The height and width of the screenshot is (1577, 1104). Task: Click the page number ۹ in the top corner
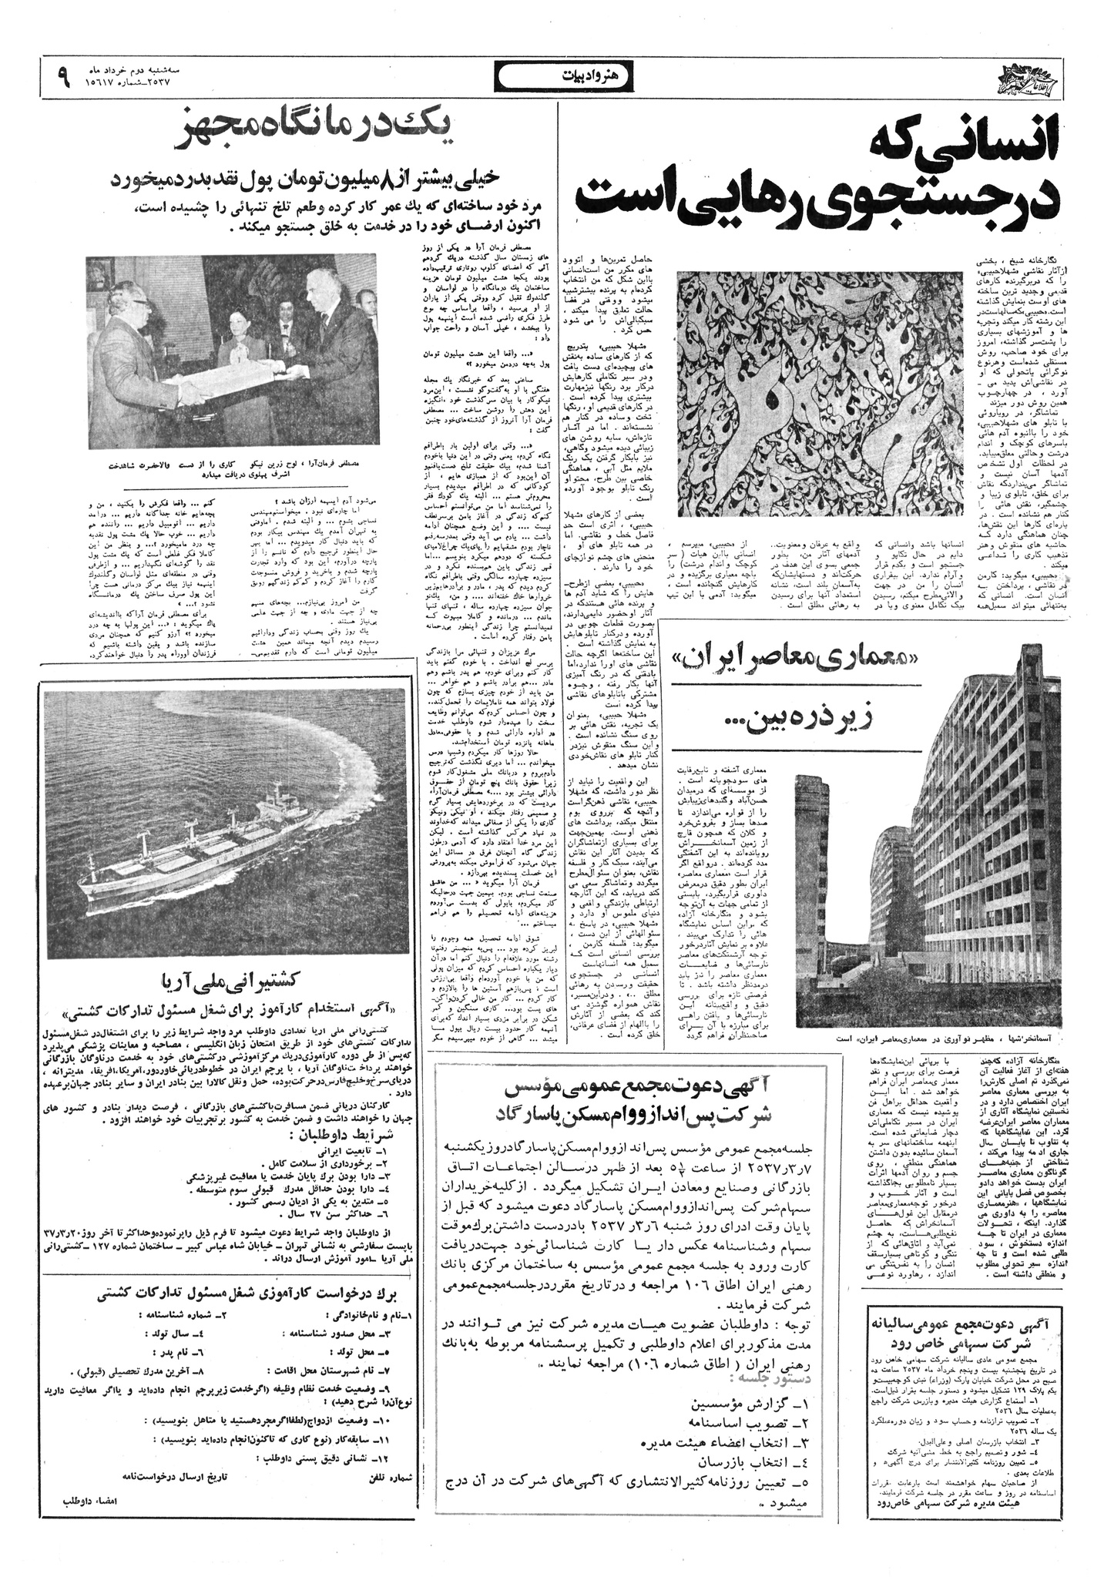62,76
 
